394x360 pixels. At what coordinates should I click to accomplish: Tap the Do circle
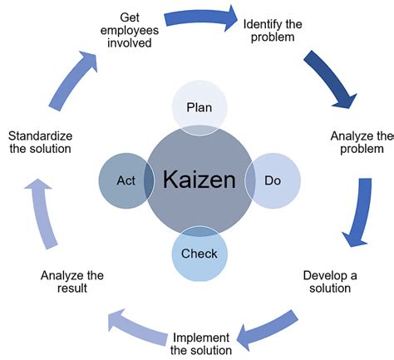(270, 180)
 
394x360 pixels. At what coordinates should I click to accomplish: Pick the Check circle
(199, 253)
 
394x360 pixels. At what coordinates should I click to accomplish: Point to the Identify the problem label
(272, 31)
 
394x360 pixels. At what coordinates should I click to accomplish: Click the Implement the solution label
(200, 343)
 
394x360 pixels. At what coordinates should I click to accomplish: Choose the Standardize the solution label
(39, 142)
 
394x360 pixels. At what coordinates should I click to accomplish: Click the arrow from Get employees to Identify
(199, 17)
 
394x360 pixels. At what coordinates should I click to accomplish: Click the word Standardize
(39, 136)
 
